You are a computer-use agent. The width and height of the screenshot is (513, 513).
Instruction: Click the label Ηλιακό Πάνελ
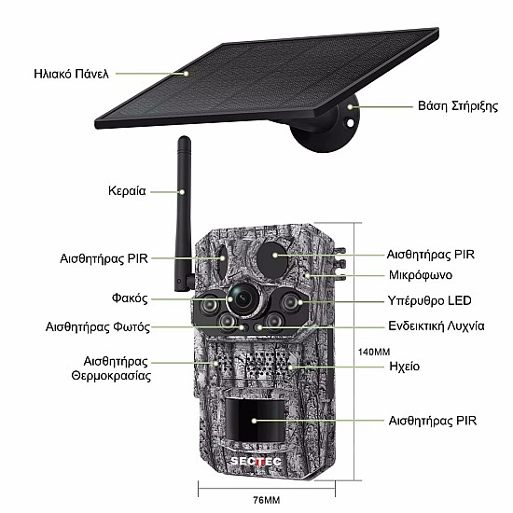point(71,74)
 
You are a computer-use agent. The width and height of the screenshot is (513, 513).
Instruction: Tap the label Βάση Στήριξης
point(458,106)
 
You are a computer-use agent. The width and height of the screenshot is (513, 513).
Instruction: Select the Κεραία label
point(127,191)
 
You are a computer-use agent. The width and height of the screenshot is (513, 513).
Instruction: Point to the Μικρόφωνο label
point(421,275)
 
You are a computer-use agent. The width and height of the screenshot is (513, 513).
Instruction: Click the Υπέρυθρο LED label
point(429,300)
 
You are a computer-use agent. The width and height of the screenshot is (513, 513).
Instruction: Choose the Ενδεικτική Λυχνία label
point(437,326)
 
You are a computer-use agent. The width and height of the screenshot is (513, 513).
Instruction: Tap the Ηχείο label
point(405,367)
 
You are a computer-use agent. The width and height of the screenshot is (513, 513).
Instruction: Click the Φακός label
point(130,298)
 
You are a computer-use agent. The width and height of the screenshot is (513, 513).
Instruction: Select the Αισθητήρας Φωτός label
point(98,326)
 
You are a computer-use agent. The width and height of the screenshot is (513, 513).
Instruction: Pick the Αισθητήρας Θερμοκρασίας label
point(111,368)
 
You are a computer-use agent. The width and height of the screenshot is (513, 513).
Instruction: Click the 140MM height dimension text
point(374,352)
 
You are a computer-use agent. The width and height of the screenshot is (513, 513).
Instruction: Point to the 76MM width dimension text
point(267,500)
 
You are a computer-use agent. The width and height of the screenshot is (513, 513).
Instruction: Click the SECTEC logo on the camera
point(256,461)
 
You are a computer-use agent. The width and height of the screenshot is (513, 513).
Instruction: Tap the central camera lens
point(243,298)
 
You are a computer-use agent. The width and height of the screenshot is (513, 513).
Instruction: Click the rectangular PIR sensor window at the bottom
point(255,421)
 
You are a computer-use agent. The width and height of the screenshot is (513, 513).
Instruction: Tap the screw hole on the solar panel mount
point(350,123)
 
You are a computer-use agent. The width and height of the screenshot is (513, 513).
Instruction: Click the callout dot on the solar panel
point(186,74)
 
